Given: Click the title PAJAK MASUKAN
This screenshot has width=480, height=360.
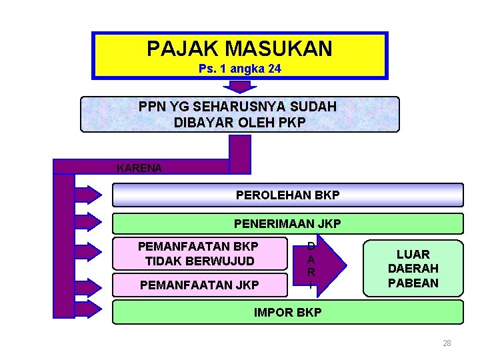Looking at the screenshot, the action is (239, 48).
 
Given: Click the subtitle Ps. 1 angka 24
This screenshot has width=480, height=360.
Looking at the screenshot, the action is (239, 69).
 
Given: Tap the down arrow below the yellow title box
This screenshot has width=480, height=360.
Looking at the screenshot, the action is (239, 87).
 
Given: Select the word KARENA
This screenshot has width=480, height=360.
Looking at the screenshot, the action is (139, 168).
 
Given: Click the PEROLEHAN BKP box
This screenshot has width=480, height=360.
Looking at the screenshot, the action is (287, 195).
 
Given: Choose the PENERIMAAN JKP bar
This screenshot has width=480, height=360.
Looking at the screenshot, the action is (287, 224).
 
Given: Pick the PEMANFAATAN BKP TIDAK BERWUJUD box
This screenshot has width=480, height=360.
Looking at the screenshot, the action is (197, 253).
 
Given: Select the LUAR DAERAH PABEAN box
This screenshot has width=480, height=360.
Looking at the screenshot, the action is (413, 268).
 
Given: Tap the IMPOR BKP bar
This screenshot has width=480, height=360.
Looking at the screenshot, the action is (287, 312).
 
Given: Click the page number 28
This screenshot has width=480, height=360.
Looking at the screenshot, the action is (447, 343).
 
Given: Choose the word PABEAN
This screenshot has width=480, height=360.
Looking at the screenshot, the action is (413, 283).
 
